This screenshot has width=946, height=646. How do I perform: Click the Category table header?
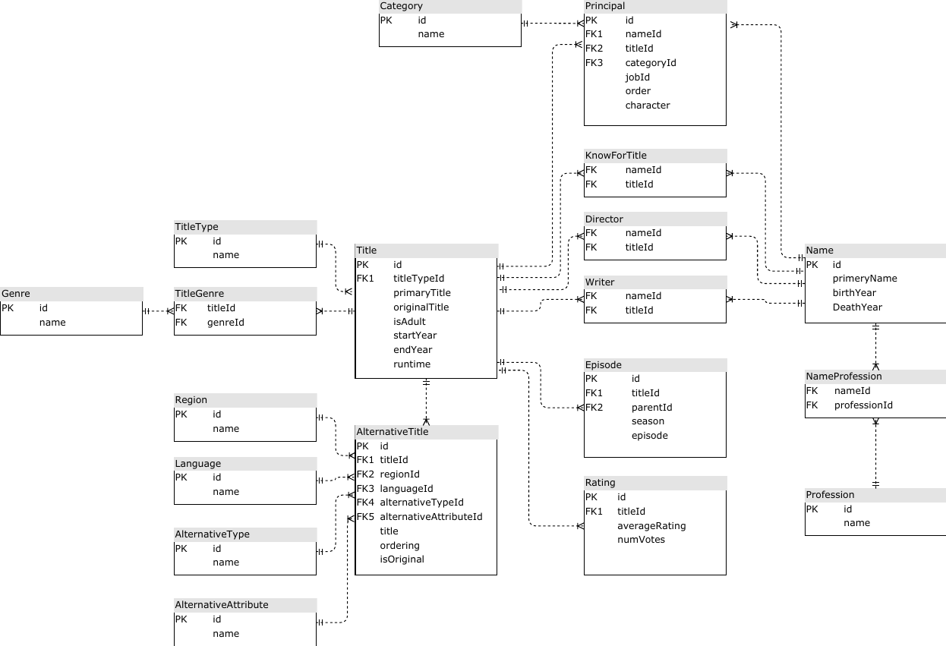pos(402,6)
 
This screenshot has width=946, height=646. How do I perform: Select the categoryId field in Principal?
pos(651,63)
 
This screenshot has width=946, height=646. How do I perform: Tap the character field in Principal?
pos(648,106)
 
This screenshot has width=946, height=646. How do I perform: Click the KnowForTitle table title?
pos(616,156)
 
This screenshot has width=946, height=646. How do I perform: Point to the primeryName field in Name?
pos(865,279)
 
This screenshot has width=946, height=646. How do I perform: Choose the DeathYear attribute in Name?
pos(857,307)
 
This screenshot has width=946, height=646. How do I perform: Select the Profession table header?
pos(830,495)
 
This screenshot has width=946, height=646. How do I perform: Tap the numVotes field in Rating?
pos(641,540)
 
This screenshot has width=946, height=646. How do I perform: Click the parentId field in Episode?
pos(651,408)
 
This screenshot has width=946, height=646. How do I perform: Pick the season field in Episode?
pos(648,421)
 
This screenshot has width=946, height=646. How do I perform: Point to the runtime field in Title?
pos(412,364)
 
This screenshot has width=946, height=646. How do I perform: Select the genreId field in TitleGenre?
pos(225,323)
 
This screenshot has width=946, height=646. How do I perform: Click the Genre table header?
pos(16,294)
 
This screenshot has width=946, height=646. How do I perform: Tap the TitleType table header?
pos(197,227)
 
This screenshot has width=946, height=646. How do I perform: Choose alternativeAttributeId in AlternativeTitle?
pos(431,517)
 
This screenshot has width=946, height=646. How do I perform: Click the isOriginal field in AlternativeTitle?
pos(402,559)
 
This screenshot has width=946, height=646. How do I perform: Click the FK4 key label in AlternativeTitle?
pos(365,503)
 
